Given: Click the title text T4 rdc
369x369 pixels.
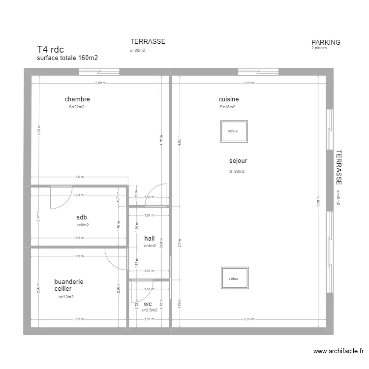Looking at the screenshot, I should [50, 49].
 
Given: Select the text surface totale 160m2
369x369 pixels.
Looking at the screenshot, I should [67, 58].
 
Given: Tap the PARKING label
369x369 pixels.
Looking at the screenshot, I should [326, 42].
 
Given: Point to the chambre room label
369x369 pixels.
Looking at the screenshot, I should [77, 99].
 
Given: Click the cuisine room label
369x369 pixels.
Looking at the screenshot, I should [229, 99].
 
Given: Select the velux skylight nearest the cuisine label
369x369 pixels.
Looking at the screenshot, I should [233, 131].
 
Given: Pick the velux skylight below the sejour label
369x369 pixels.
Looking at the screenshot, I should [233, 278].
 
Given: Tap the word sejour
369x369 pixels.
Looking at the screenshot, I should [238, 160].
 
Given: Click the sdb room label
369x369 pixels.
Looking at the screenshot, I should [82, 217].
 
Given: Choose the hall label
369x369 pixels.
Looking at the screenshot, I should [150, 238].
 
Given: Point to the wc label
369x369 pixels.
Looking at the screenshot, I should [148, 304].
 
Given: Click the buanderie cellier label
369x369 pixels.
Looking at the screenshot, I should [68, 285].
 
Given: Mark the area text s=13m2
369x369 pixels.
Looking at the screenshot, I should [66, 297].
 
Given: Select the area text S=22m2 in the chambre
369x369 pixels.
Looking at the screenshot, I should [77, 107].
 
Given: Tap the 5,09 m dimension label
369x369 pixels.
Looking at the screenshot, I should [101, 83].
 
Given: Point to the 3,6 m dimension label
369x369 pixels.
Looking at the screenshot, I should [79, 177].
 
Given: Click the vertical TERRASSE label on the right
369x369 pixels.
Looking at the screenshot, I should [339, 167].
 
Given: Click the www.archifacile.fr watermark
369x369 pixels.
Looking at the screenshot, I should [338, 351].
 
